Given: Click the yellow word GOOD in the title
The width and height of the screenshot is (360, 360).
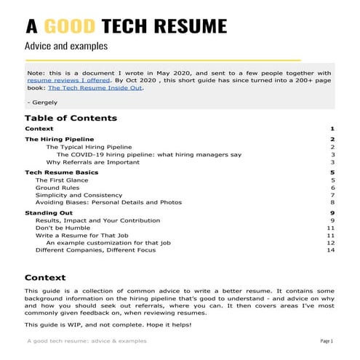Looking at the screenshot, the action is pos(71,27).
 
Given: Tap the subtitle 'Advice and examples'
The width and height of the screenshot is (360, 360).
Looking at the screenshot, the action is pos(66,46).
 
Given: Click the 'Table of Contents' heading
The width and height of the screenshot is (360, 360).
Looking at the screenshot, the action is pos(71,118).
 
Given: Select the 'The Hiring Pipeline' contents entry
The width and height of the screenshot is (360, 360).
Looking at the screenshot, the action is pos(59,139).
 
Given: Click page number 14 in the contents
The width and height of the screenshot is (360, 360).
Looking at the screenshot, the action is pos(330,250).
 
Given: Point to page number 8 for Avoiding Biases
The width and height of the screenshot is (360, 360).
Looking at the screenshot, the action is pos(332,203).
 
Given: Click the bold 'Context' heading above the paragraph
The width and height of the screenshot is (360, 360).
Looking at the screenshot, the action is pos(44,277).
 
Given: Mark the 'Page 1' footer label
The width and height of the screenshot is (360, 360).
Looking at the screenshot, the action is pos(326,341).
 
